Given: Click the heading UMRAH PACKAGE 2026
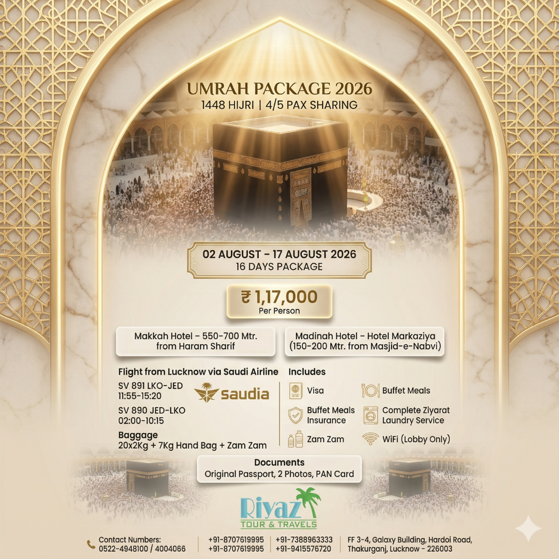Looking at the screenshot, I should (x=279, y=89).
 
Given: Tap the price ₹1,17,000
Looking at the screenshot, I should (x=279, y=297).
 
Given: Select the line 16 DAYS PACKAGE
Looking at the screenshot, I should (x=279, y=267).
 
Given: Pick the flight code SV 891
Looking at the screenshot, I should (x=135, y=386).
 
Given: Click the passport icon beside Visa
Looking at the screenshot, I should (x=295, y=391).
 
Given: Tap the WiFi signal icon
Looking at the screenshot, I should (x=370, y=439).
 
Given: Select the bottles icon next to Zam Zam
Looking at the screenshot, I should (x=295, y=439).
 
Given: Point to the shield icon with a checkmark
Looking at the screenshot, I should (x=295, y=415).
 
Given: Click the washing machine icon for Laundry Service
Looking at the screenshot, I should (x=371, y=415).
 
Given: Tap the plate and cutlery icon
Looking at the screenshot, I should (x=371, y=391).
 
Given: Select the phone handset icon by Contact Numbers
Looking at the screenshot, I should (x=91, y=544).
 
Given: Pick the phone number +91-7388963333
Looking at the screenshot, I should (x=304, y=539).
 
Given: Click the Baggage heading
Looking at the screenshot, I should (x=138, y=435).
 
